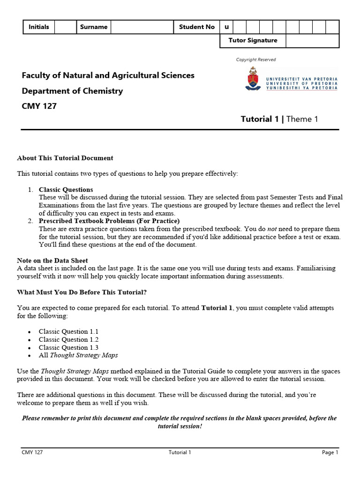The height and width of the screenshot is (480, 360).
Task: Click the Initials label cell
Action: pos(39,27)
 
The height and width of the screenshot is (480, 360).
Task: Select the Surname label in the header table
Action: pos(94,27)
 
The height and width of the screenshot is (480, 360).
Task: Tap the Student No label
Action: pos(197,27)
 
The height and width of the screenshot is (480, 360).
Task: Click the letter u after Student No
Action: pos(226,27)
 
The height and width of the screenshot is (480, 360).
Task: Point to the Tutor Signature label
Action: pos(253,41)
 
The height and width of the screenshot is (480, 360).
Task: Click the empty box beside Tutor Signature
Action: pos(312,41)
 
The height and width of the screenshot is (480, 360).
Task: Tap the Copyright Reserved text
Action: pos(256,60)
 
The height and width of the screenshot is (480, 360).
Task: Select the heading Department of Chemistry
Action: pos(72,91)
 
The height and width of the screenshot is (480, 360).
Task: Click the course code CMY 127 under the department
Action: pos(39,106)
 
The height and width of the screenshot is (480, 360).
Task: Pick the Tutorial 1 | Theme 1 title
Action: pos(279,119)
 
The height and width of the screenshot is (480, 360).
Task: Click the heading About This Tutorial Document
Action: pos(65,158)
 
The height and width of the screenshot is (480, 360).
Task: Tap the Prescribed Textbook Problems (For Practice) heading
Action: pos(109,221)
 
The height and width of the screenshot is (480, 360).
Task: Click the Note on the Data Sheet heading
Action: pos(52,261)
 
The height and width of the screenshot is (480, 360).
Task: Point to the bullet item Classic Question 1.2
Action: pos(68,339)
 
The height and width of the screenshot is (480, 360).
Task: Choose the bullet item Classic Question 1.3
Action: pos(68,347)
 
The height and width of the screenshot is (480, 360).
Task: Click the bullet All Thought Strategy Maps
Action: pos(78,355)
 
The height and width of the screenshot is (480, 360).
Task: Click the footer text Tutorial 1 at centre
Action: pos(180,452)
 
